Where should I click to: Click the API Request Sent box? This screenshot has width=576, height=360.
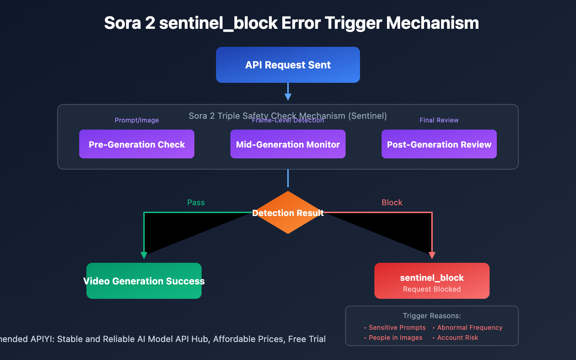pos(288,65)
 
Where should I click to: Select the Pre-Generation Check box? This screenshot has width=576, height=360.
pos(137,144)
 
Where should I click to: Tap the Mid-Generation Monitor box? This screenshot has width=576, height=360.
pos(288,144)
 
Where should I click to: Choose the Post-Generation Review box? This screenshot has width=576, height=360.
pos(439,144)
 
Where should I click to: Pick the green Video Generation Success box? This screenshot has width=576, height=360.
pos(144,281)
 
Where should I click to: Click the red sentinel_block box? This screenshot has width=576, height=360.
pos(432,281)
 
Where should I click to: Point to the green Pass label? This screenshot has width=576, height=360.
pos(196,203)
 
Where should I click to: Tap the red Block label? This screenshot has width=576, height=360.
pos(392,203)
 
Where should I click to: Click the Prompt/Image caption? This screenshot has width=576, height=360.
pos(137,120)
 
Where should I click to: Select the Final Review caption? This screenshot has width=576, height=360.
pos(439,120)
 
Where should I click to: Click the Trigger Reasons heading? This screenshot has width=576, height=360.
pos(432,316)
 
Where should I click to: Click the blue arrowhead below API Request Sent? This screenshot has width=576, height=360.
pos(288,96)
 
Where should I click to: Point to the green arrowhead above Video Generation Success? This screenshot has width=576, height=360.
pos(144,255)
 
